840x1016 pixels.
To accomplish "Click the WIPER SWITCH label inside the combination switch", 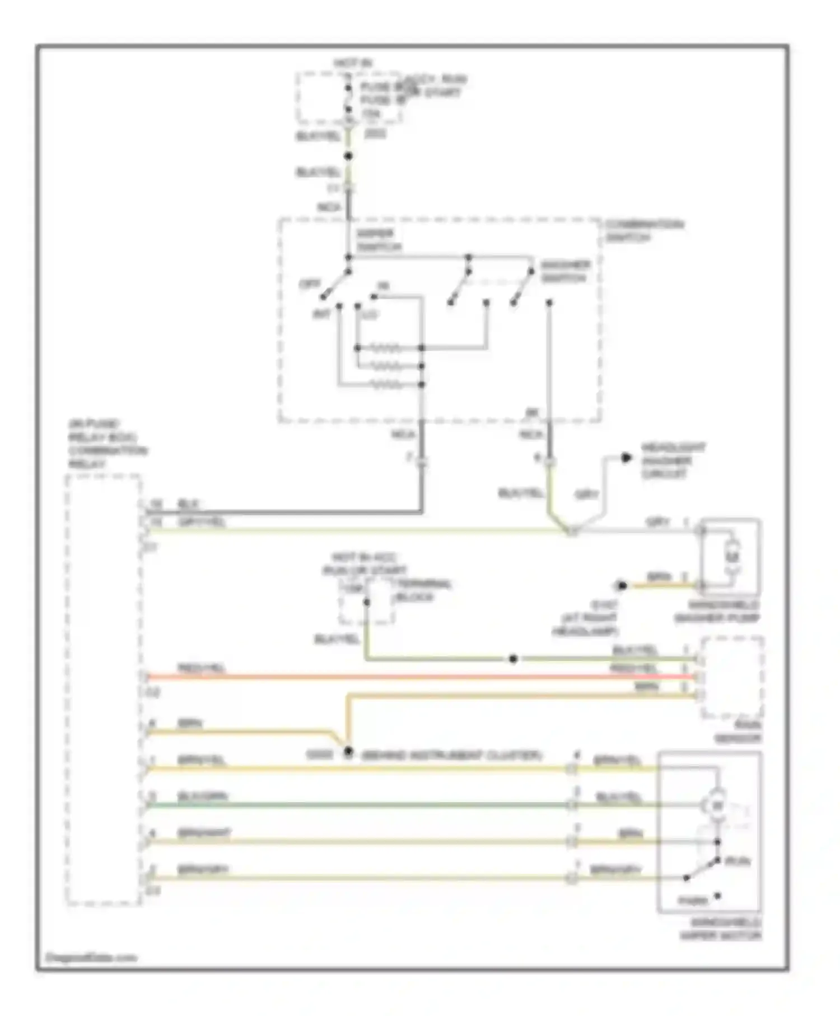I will (x=378, y=240).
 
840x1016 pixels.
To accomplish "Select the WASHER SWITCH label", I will (x=564, y=272).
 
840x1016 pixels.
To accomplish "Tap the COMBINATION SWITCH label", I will (x=644, y=231).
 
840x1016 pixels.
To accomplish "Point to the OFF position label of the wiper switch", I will (x=310, y=284).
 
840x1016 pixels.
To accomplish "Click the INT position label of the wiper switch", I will (x=321, y=315).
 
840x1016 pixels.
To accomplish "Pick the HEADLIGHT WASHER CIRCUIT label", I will (x=673, y=460).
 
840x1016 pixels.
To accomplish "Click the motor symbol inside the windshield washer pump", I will (x=732, y=557).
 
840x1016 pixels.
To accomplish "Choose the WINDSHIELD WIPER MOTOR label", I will (x=720, y=929).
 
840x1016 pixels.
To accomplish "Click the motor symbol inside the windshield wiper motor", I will (x=717, y=805).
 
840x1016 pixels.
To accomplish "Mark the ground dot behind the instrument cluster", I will (x=348, y=752).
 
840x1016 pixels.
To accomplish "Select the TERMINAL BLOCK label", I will (x=423, y=590).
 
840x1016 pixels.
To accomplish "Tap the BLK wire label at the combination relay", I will (x=189, y=504).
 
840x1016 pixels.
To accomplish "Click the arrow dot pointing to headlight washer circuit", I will (x=626, y=458).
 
